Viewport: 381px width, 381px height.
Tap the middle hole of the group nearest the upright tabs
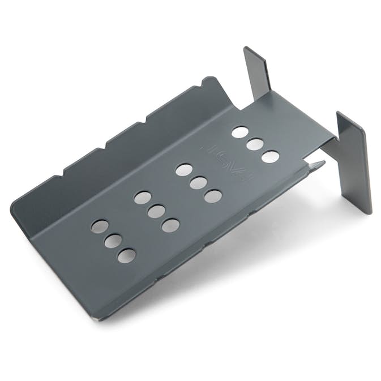(255, 144)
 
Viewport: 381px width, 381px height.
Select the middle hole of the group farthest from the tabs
(113, 241)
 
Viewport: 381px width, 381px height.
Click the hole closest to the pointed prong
(270, 156)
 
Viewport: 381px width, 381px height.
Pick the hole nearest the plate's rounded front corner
(126, 255)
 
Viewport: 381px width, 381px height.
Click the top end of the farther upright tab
(249, 50)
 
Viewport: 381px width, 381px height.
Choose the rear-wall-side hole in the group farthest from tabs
(99, 226)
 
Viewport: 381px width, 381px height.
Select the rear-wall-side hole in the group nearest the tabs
(239, 132)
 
